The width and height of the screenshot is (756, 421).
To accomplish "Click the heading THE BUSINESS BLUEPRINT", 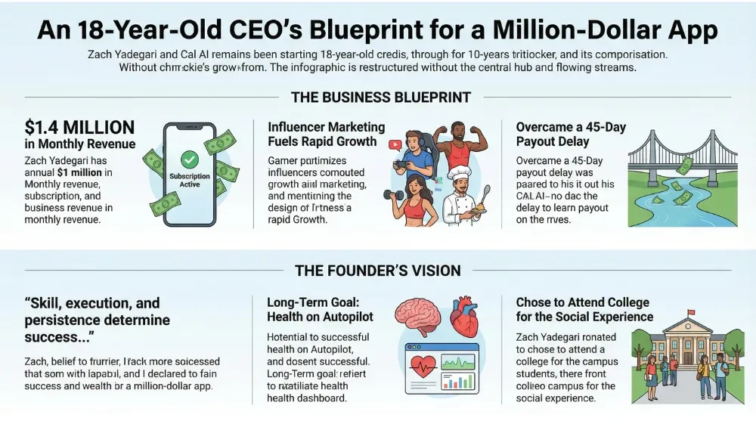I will coord(380,97).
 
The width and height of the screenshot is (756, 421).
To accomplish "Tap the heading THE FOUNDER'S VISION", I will coord(377,271).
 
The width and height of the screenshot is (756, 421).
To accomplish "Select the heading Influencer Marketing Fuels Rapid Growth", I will coord(326,134).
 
